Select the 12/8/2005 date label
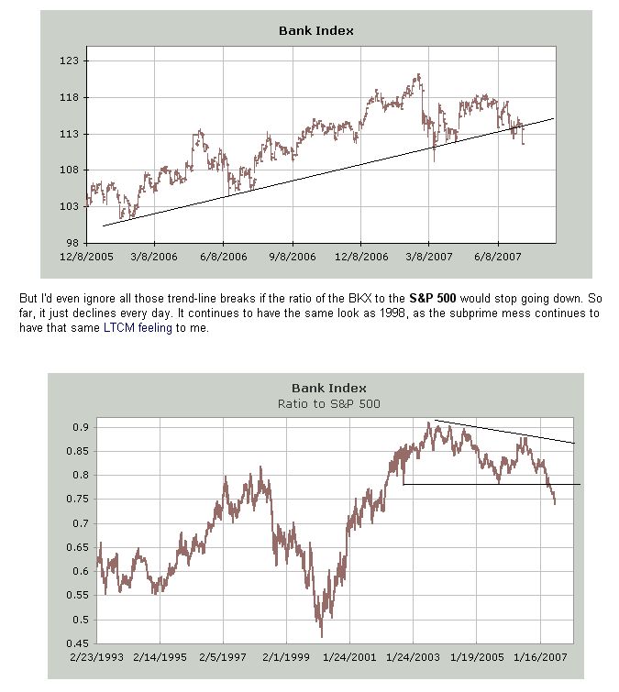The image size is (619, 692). click(86, 257)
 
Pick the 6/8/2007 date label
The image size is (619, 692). click(498, 257)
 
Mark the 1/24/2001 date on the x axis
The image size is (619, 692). click(349, 656)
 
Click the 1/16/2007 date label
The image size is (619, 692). click(540, 656)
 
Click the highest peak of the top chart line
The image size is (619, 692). click(418, 75)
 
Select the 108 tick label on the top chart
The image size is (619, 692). click(72, 170)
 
